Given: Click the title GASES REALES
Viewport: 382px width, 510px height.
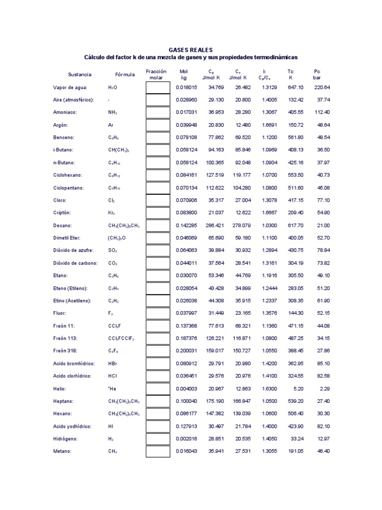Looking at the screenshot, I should (x=191, y=50).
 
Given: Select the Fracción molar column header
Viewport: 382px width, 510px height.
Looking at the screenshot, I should (x=156, y=74).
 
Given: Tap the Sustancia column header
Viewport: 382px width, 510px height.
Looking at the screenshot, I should (x=80, y=74).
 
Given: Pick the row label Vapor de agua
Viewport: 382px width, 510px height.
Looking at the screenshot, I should (x=70, y=87).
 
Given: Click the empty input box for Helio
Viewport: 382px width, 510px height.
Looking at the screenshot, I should (x=158, y=388).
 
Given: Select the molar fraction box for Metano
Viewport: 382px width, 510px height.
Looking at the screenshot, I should (x=158, y=451).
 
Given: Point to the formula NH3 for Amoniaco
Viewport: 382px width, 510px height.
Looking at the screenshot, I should (x=112, y=112).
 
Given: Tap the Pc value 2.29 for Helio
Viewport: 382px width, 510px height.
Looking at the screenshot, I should (x=324, y=388).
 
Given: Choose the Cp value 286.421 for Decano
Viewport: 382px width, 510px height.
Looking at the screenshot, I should (x=211, y=225).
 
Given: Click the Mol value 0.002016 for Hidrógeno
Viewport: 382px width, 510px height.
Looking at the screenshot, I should (x=187, y=439).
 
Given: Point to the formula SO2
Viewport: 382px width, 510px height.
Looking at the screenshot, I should (x=112, y=250).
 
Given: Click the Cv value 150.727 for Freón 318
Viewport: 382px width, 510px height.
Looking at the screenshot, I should (x=238, y=351).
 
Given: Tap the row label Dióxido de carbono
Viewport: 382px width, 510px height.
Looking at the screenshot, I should (x=75, y=263).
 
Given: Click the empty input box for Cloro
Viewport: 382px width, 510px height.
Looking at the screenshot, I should (x=158, y=200).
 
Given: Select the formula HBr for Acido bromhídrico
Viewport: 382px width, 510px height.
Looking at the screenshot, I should (x=112, y=363).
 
